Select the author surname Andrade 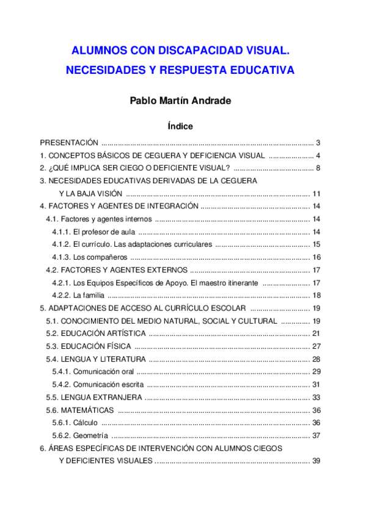[209, 101]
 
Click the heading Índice [180, 126]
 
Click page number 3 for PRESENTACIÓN [318, 142]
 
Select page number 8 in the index [318, 168]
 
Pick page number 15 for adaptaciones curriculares [316, 244]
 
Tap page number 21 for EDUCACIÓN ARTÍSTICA [316, 334]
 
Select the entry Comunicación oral [103, 371]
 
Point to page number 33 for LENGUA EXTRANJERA [316, 397]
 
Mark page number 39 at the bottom [316, 461]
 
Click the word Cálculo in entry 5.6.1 [85, 423]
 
